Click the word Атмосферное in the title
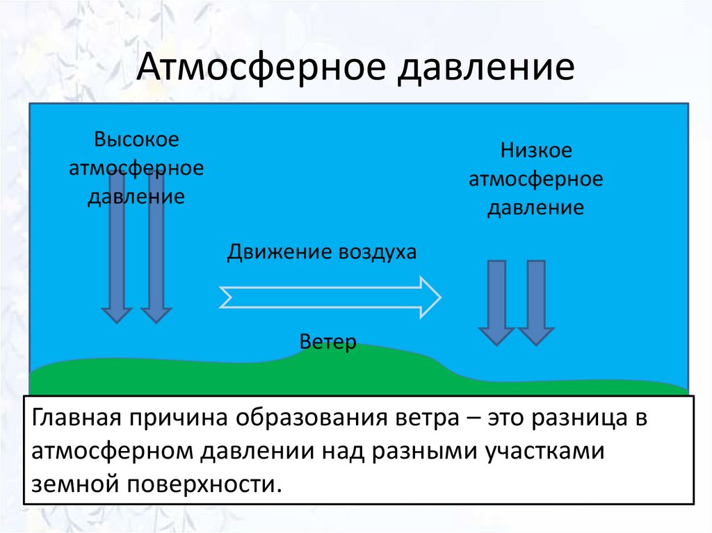[x=261, y=67]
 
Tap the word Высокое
[x=136, y=139]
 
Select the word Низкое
[x=536, y=150]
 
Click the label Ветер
[x=328, y=341]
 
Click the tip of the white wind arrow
[x=440, y=297]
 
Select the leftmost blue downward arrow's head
[x=117, y=315]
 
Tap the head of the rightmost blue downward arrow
[x=536, y=336]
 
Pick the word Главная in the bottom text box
[x=76, y=418]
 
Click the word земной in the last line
[x=75, y=484]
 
